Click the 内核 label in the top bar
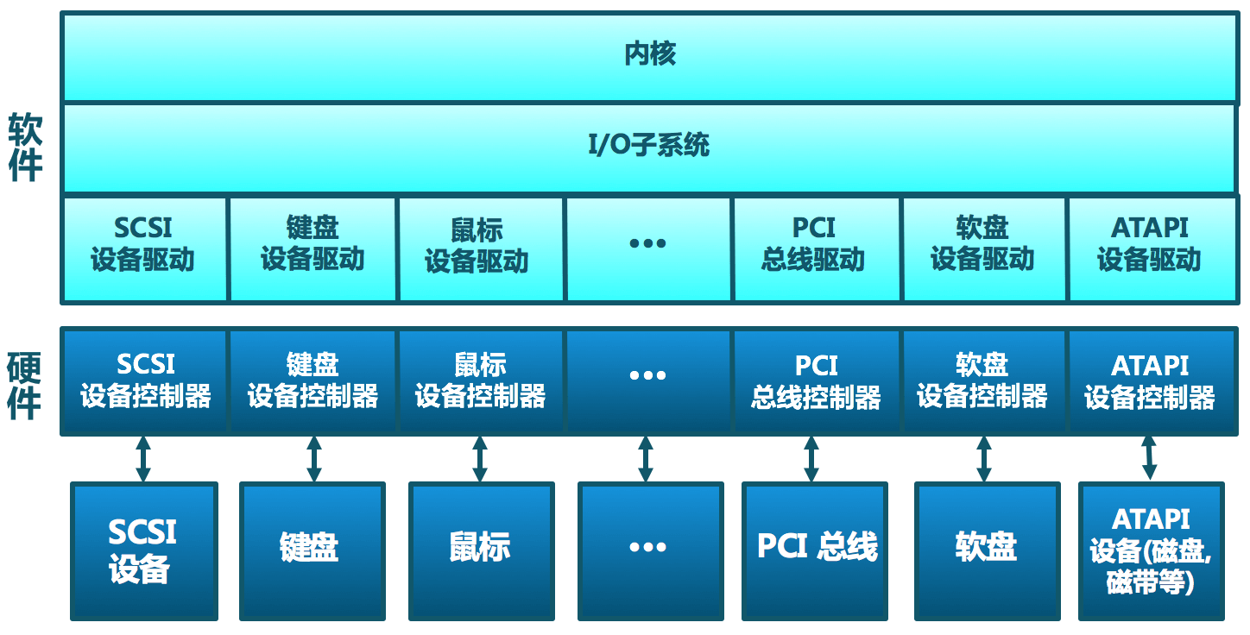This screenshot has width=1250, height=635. pyautogui.click(x=649, y=54)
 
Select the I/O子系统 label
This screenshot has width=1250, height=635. pyautogui.click(x=649, y=145)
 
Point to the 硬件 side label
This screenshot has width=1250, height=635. pyautogui.click(x=25, y=385)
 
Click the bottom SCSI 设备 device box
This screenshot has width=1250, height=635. pyautogui.click(x=143, y=550)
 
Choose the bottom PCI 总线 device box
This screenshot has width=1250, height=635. pyautogui.click(x=816, y=550)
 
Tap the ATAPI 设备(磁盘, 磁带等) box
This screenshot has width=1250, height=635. pyautogui.click(x=1151, y=550)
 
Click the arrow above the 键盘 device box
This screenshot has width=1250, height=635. pyautogui.click(x=313, y=458)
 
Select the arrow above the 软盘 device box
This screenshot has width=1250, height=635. pyautogui.click(x=983, y=458)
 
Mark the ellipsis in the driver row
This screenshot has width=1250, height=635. pyautogui.click(x=647, y=244)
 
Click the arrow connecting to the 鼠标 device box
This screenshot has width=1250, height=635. pyautogui.click(x=479, y=458)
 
